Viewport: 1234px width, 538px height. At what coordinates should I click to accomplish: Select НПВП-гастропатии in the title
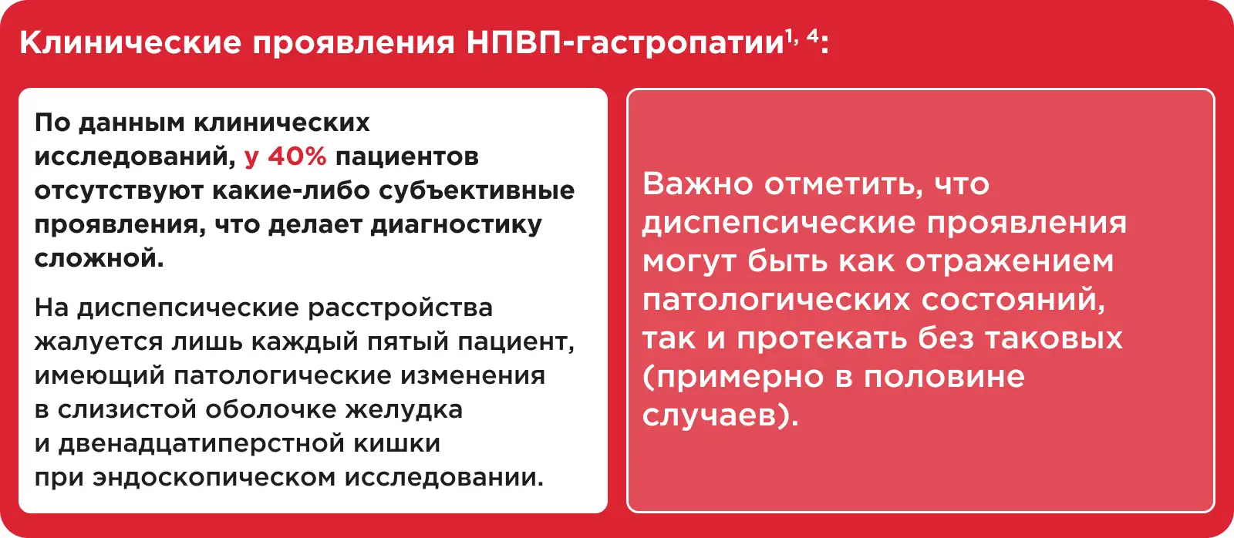point(625,43)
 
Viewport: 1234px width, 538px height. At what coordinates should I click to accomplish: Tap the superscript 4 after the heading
point(813,36)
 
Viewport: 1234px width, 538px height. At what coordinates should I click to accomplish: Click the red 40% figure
point(298,156)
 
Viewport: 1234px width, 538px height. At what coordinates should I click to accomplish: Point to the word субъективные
point(477,191)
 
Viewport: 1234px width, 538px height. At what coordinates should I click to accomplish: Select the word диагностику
point(456,225)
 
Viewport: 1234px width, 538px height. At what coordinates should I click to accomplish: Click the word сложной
point(99,258)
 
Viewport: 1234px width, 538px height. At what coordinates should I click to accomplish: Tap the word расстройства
point(400,308)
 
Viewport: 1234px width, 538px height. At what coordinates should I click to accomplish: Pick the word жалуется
point(99,342)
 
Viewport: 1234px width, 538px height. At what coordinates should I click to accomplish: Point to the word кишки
point(396,444)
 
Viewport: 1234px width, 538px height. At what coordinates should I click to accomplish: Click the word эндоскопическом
point(214,477)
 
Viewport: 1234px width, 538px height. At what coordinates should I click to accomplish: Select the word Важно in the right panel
point(697,183)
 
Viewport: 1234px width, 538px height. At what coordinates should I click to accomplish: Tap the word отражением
point(1010,261)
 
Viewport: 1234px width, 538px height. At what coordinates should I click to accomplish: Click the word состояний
point(1013,300)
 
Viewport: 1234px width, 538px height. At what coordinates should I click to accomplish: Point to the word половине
point(944,377)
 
